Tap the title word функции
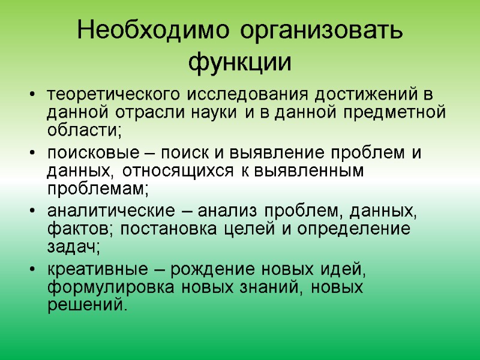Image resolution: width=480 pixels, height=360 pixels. pyautogui.click(x=240, y=62)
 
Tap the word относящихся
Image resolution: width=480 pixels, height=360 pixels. pyautogui.click(x=170, y=170)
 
